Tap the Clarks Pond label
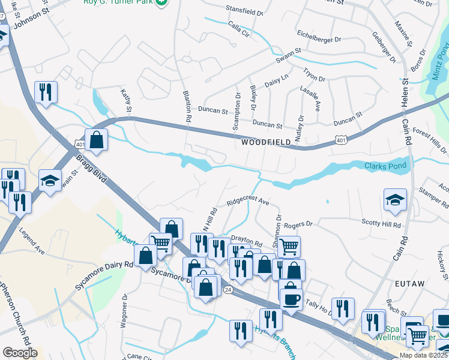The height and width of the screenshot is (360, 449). pos(385,166)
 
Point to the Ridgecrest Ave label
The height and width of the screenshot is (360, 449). pos(247,202)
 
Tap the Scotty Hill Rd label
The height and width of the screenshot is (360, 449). pos(381,223)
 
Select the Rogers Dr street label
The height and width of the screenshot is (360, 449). pos(299,224)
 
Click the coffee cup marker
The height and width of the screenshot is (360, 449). pos(292,298)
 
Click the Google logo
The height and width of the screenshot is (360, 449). pos(20,352)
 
